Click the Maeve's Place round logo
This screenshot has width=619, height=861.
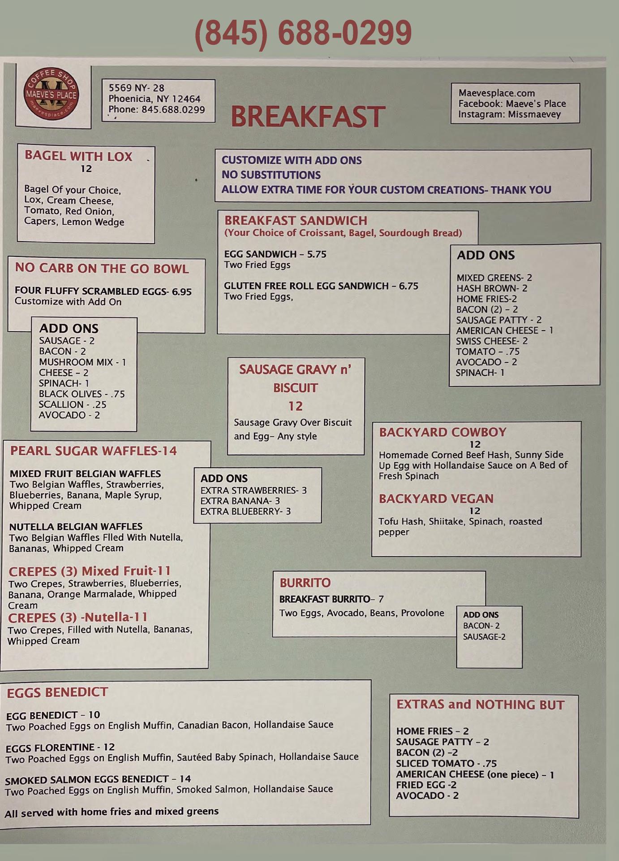click(x=52, y=94)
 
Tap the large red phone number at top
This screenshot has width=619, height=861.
click(x=303, y=32)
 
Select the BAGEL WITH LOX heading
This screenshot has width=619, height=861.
click(x=78, y=156)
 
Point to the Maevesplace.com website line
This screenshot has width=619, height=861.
click(x=496, y=93)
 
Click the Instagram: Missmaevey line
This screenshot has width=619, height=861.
click(x=509, y=114)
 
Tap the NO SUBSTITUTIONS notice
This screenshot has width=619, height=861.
click(x=271, y=175)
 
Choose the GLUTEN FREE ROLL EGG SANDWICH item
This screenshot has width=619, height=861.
click(x=321, y=286)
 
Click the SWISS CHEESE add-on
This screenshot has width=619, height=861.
click(x=492, y=341)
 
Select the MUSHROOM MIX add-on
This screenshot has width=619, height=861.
click(x=82, y=362)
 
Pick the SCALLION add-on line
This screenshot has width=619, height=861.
click(x=73, y=404)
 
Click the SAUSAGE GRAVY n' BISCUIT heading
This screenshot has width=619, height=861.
click(x=295, y=378)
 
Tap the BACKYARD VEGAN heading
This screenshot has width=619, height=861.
click(x=436, y=499)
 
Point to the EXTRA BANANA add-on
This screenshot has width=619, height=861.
click(x=240, y=501)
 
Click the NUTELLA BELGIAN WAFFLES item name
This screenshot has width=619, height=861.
click(x=76, y=527)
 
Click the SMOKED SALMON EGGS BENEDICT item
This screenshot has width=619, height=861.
click(x=98, y=779)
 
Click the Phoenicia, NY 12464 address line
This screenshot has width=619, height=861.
click(x=155, y=99)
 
